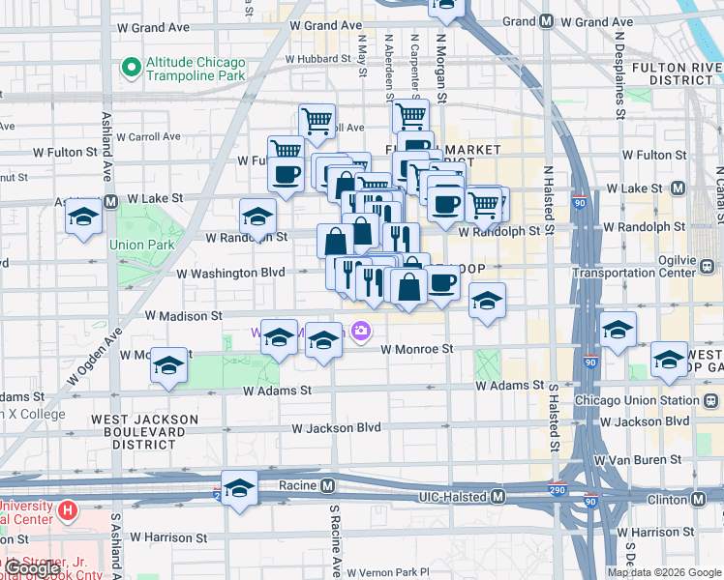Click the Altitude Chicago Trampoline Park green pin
tap(130, 68)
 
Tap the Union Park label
tap(142, 246)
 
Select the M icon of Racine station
tap(328, 485)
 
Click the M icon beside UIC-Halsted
tap(498, 496)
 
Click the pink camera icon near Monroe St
tap(361, 332)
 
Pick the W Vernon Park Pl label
tap(387, 572)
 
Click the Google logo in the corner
tap(33, 569)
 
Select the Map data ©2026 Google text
tap(664, 572)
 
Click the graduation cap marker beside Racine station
tap(239, 488)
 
